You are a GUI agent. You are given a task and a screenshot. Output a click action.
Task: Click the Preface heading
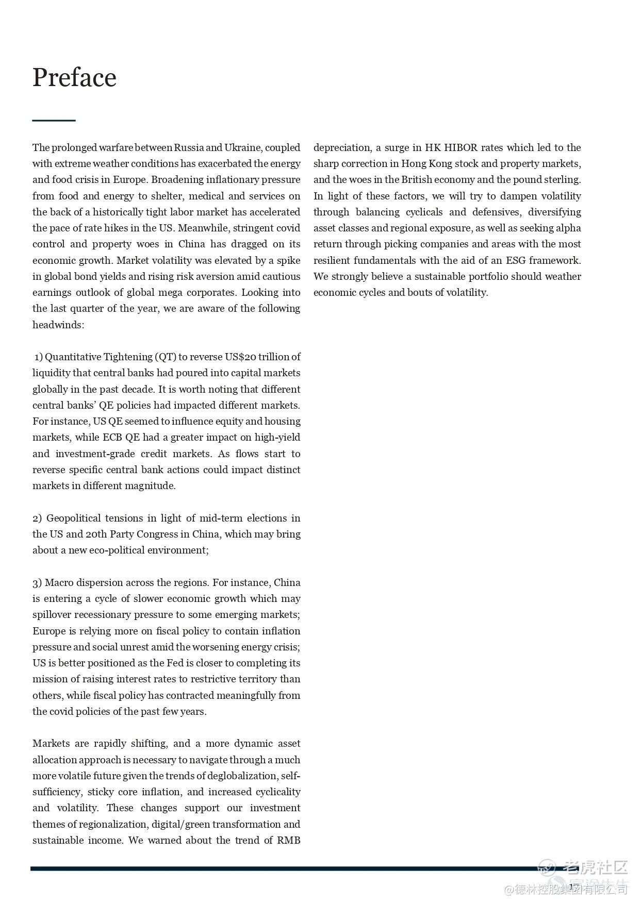click(x=74, y=78)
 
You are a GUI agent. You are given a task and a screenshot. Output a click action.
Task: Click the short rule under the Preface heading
click(x=54, y=120)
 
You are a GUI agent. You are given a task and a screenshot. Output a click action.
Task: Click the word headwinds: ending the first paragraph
click(x=58, y=325)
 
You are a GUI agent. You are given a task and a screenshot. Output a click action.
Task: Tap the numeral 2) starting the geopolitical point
click(x=37, y=518)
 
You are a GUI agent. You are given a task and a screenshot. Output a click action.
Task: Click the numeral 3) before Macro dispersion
click(x=37, y=583)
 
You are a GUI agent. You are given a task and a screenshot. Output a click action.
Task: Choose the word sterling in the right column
click(x=562, y=180)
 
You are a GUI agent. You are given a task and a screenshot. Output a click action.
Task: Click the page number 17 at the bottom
click(x=574, y=886)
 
